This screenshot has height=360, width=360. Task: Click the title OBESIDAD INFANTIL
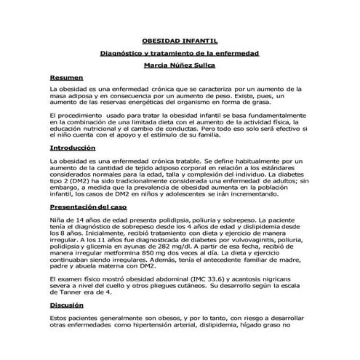179,42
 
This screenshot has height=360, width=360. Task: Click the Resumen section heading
68,76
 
